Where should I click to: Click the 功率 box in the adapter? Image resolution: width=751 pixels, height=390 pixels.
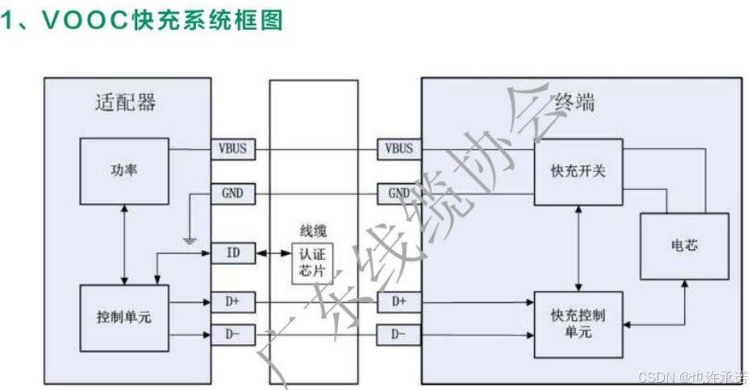click(123, 171)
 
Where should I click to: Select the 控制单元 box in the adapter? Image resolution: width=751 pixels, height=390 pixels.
click(123, 317)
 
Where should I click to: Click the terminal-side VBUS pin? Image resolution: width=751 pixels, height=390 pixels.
click(398, 149)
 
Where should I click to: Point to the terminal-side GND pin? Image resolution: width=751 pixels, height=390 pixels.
click(398, 194)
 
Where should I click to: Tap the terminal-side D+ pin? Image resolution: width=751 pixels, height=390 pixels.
click(398, 302)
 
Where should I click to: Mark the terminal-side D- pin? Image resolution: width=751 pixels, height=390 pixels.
click(398, 333)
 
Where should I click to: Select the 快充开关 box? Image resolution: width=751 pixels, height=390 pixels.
click(578, 171)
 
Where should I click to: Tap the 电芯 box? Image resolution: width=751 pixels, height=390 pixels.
click(684, 244)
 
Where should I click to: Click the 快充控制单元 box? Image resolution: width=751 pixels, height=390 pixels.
click(578, 323)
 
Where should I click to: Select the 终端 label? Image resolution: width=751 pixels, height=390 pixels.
click(575, 102)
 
